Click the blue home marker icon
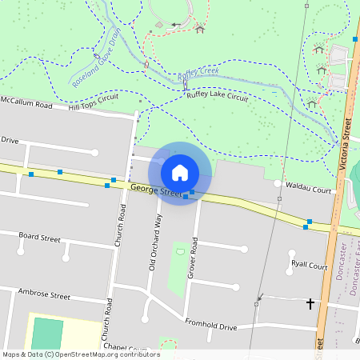(x=180, y=173)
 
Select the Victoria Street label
(x=346, y=144)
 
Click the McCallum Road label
(x=26, y=104)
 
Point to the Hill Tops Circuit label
(x=93, y=102)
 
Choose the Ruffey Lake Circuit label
(x=217, y=95)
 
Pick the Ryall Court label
(x=310, y=265)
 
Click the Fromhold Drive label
(x=211, y=326)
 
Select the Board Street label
(x=40, y=238)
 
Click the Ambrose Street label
(x=45, y=294)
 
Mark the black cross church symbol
(x=310, y=304)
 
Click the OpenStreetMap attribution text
(x=80, y=354)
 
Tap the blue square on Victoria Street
(x=354, y=38)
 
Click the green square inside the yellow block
(x=47, y=334)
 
